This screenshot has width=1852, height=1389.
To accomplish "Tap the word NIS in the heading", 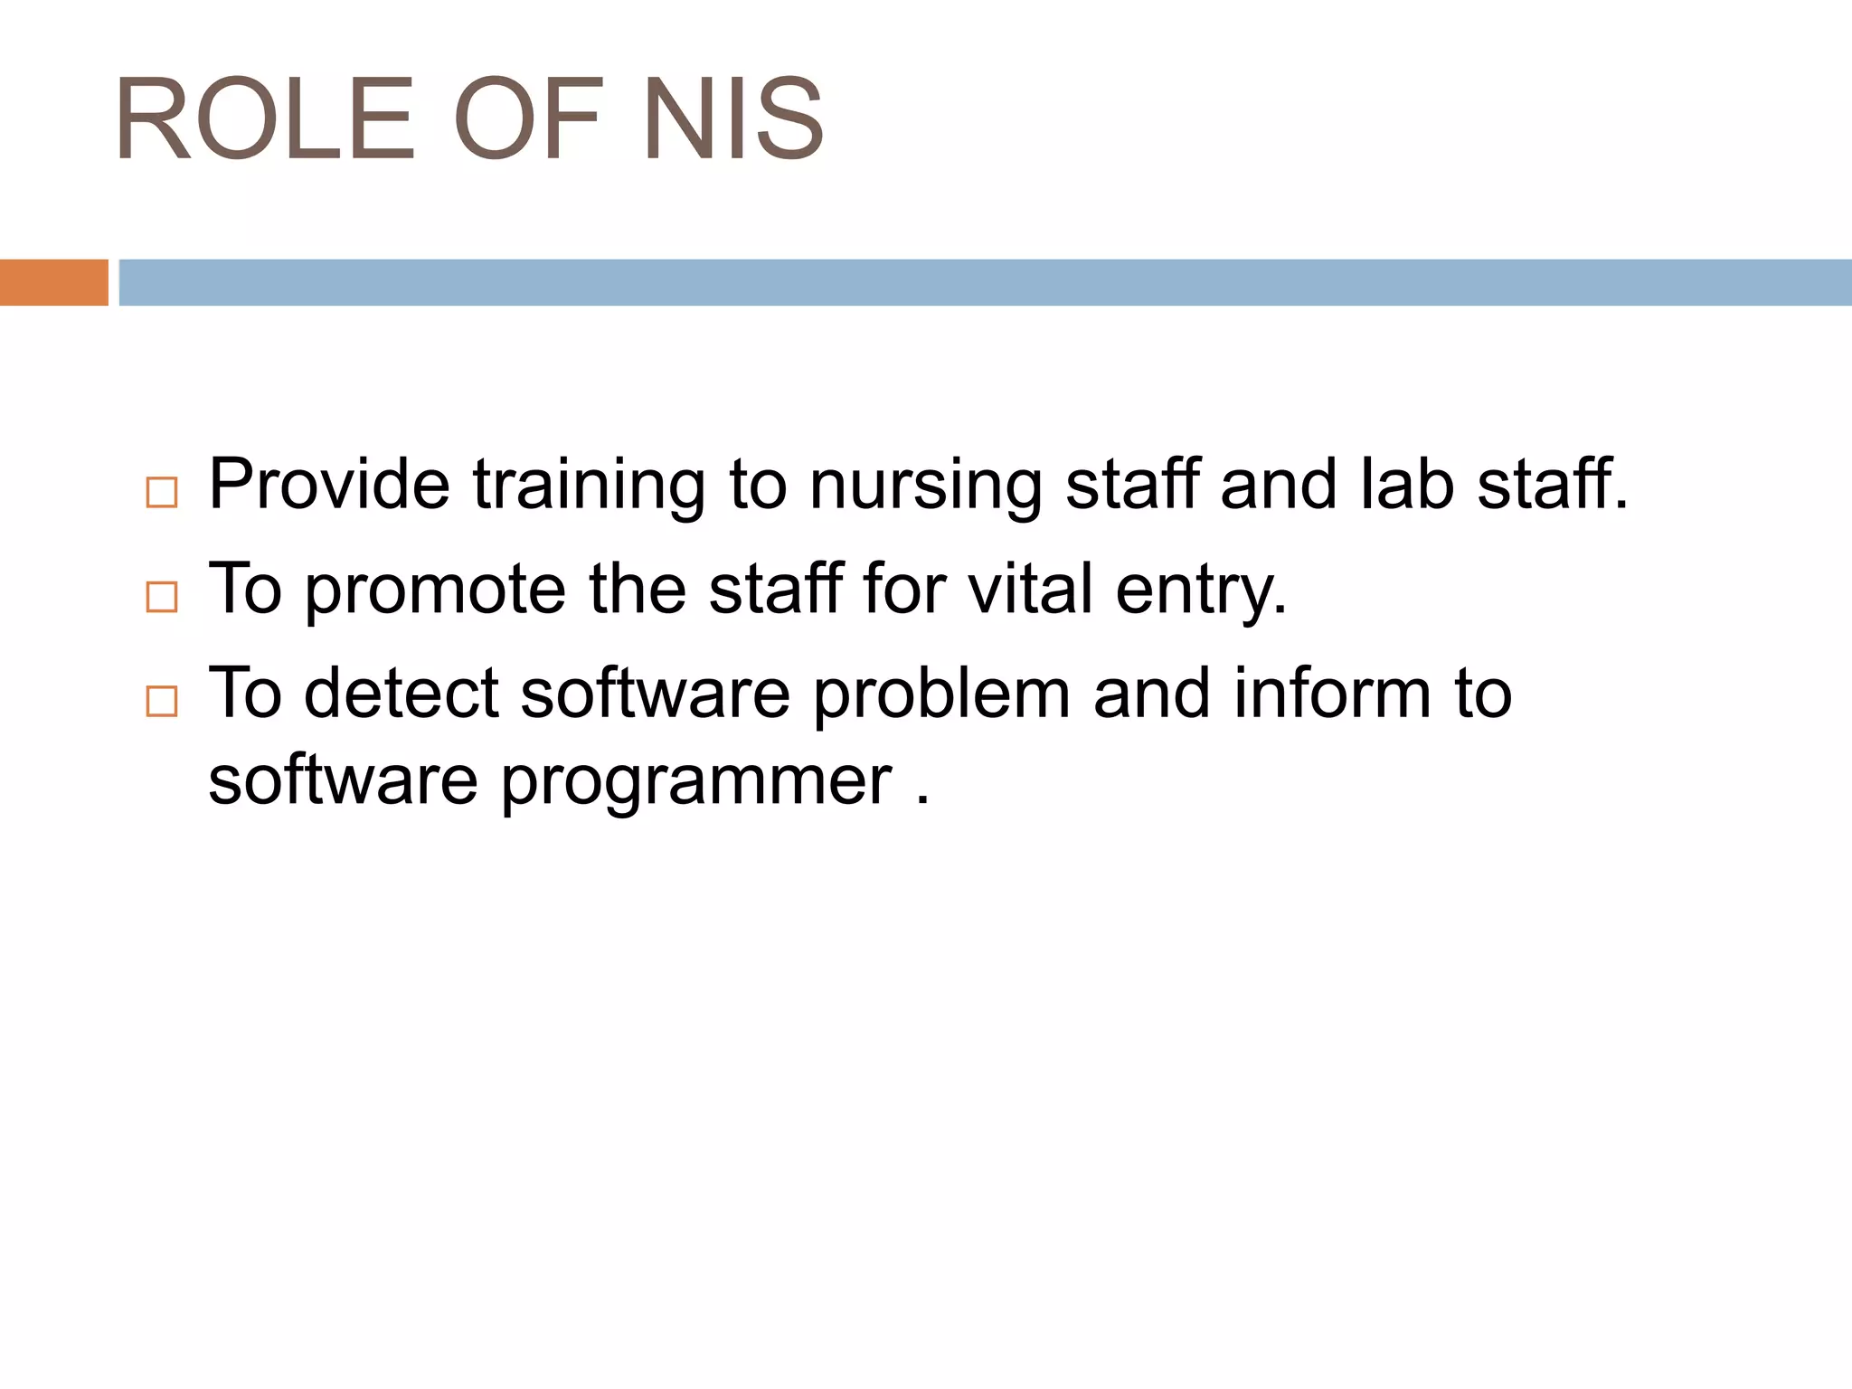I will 733,119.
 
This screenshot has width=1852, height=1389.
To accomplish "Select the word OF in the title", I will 527,119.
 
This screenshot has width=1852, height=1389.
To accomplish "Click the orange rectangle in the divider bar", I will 53,282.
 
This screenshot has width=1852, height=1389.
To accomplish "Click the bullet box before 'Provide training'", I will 162,493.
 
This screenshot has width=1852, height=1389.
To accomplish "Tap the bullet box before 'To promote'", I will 162,597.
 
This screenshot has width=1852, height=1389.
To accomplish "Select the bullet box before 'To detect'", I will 162,702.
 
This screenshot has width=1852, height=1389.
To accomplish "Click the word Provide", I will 329,485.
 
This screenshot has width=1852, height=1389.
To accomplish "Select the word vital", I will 1030,590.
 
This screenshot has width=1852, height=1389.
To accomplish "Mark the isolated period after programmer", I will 921,799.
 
